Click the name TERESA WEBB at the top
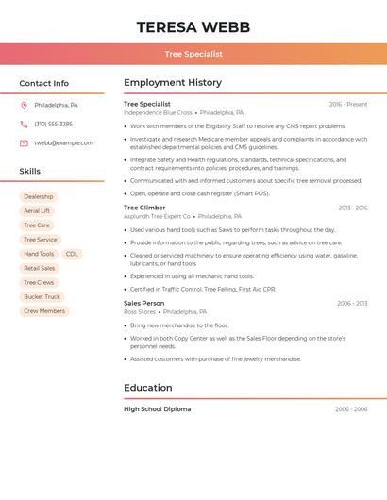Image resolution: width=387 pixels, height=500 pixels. (193, 27)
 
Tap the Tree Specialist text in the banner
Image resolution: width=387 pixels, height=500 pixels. (193, 54)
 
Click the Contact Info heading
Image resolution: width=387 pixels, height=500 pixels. (44, 83)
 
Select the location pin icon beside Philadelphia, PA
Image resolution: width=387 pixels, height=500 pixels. (24, 105)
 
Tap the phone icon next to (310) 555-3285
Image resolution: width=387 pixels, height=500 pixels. (24, 124)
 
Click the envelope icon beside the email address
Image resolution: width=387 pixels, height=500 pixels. (24, 143)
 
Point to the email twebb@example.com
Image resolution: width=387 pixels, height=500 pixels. (63, 143)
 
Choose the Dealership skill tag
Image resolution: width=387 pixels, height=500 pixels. (39, 197)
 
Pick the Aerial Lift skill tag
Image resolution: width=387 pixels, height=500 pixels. (37, 211)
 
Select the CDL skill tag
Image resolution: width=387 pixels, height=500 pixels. (72, 254)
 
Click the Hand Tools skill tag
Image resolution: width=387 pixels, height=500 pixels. (39, 254)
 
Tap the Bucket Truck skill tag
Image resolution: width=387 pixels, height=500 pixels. (42, 296)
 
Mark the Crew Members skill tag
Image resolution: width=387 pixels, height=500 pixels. (44, 310)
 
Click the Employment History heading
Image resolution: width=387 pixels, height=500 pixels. (173, 83)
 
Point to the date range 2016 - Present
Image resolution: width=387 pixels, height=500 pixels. (348, 104)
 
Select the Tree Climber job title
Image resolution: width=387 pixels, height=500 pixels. (144, 208)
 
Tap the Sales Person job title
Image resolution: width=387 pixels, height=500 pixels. (144, 303)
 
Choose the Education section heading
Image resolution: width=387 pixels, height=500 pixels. (148, 388)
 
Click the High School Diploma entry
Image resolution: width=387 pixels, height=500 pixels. (158, 409)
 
